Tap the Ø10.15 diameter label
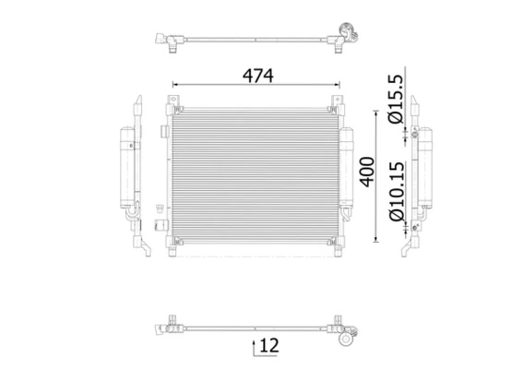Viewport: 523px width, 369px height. [x=394, y=190]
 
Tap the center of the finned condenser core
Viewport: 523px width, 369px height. [x=255, y=171]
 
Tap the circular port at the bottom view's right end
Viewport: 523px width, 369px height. [x=346, y=339]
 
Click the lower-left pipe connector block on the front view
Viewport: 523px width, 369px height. [x=159, y=224]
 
